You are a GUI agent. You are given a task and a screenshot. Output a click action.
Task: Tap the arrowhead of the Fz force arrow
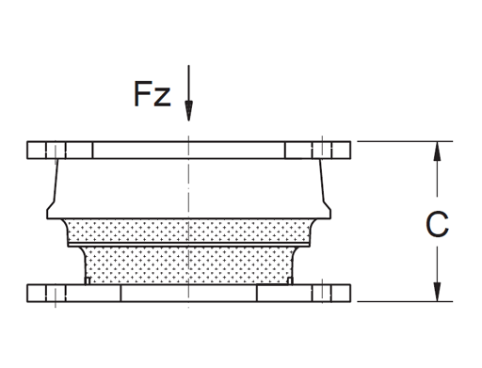pos(188,112)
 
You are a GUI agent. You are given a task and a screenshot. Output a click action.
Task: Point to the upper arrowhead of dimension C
pos(437,151)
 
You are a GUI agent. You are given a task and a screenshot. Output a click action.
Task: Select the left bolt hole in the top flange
pos(56,150)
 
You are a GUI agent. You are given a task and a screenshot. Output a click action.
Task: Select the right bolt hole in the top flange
pos(320,150)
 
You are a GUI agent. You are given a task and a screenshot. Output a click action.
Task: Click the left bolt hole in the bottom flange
pos(56,293)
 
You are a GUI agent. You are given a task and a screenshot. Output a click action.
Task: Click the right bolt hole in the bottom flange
pos(321,293)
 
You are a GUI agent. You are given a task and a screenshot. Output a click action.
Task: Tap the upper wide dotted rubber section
pos(188,232)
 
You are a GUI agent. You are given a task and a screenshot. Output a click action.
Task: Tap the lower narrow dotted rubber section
pos(188,266)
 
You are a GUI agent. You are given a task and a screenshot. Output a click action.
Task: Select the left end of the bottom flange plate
pos(31,293)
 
